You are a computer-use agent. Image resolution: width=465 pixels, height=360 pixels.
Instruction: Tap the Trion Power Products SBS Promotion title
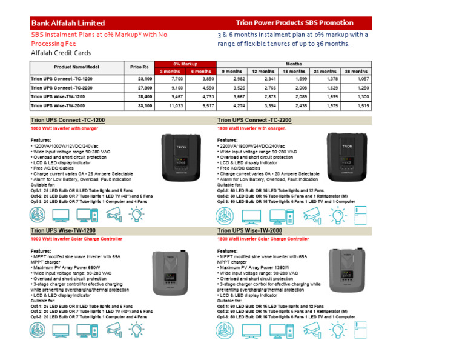(x=295, y=23)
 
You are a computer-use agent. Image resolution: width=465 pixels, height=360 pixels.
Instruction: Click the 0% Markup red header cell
(x=185, y=64)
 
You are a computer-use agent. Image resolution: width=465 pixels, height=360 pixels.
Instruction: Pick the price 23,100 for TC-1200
(x=145, y=79)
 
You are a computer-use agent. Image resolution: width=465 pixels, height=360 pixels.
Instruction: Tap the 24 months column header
(x=325, y=72)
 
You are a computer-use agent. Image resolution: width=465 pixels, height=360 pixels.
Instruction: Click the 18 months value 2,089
(x=298, y=97)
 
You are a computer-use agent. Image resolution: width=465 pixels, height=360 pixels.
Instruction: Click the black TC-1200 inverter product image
(x=181, y=156)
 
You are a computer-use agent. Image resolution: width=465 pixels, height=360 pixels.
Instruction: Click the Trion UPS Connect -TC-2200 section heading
(x=254, y=121)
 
